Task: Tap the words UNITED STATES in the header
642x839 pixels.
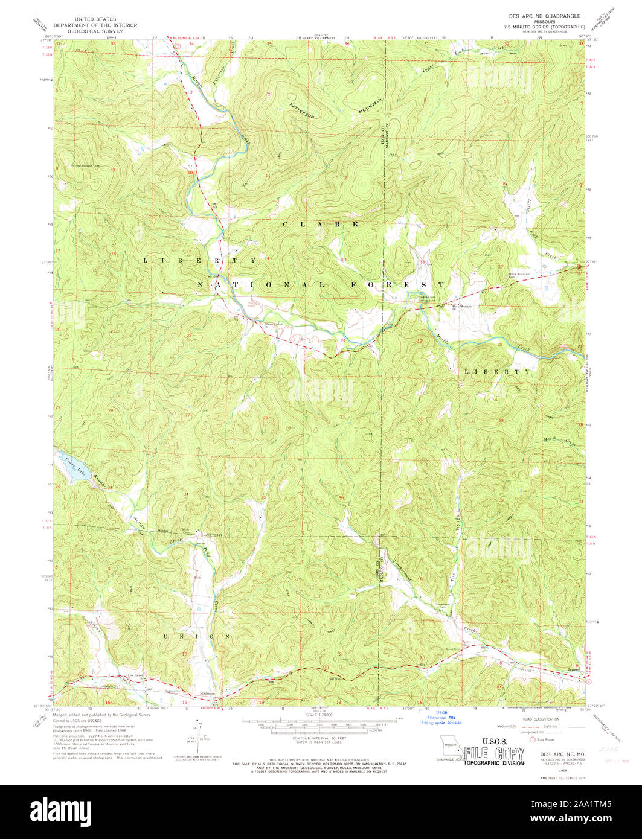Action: pos(94,19)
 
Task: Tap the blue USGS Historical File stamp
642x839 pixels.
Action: pos(440,717)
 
